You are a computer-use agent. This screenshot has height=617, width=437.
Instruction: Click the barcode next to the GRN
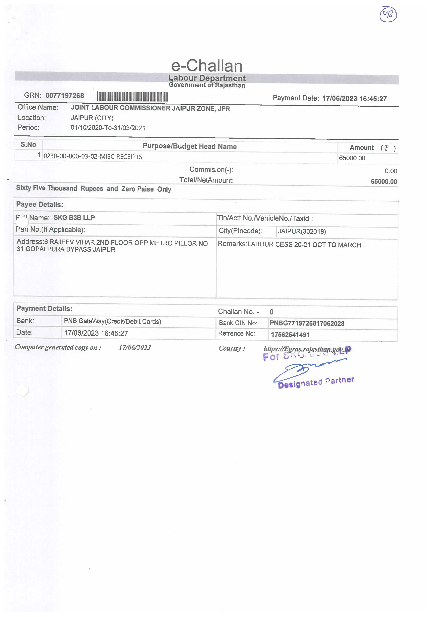point(132,97)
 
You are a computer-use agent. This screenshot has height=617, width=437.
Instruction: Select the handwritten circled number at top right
point(388,15)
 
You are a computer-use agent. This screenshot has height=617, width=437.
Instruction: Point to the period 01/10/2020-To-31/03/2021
point(108,128)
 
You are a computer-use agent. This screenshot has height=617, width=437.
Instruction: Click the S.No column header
point(28,145)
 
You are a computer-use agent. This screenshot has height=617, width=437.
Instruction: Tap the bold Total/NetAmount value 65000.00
point(384,181)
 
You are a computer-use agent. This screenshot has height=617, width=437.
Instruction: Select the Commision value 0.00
point(391,171)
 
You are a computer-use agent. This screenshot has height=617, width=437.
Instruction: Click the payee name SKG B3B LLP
point(74,218)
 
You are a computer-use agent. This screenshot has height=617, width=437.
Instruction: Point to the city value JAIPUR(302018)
point(302,231)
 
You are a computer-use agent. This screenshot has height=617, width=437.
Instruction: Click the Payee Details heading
point(40,205)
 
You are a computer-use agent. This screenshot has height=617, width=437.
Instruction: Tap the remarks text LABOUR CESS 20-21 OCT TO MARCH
point(304,245)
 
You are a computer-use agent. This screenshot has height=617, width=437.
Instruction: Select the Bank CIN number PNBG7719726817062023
point(307,323)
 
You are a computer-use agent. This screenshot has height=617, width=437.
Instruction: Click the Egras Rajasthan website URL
point(307,349)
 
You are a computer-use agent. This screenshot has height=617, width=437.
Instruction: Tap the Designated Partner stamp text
point(316,382)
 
